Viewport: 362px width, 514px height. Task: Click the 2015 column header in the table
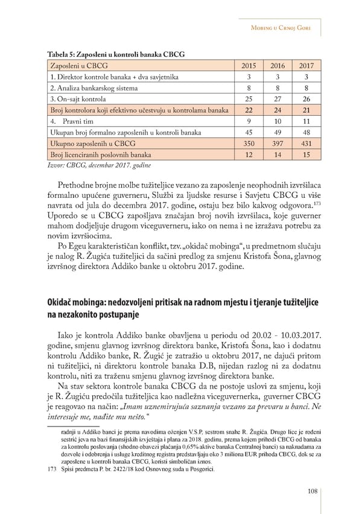pos(249,66)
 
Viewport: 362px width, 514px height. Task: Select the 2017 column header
pos(307,66)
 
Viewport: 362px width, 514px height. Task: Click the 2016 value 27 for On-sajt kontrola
pos(278,100)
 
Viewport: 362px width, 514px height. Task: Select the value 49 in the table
pos(278,133)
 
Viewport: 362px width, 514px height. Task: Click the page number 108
pos(312,492)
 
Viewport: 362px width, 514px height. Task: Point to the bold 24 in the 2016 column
pos(278,111)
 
